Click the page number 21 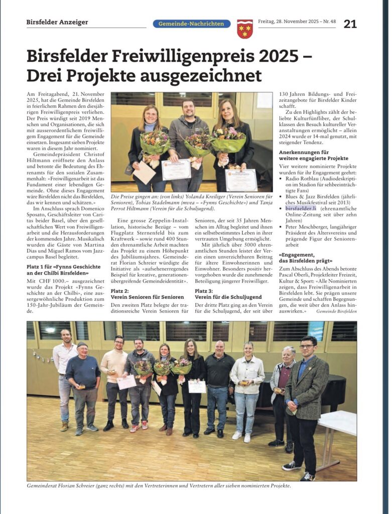350,24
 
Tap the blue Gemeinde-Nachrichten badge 192,24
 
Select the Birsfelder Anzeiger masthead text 57,22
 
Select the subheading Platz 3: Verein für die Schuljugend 228,294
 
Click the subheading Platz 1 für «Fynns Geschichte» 63,270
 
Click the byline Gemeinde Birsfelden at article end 336,311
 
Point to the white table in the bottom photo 338,422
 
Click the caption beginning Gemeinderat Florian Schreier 159,486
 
